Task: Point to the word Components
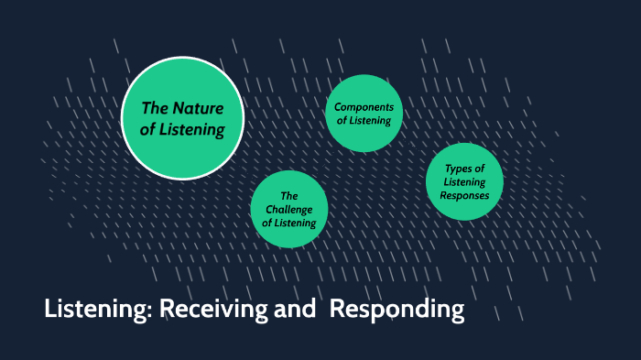[x=364, y=107]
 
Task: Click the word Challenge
[x=289, y=209]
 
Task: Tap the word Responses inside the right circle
[x=464, y=195]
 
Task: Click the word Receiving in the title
[x=215, y=311]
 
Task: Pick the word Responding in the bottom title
[x=397, y=311]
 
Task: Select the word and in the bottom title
[x=297, y=311]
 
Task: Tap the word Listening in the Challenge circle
[x=294, y=223]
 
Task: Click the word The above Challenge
[x=289, y=195]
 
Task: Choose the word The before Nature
[x=155, y=109]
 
